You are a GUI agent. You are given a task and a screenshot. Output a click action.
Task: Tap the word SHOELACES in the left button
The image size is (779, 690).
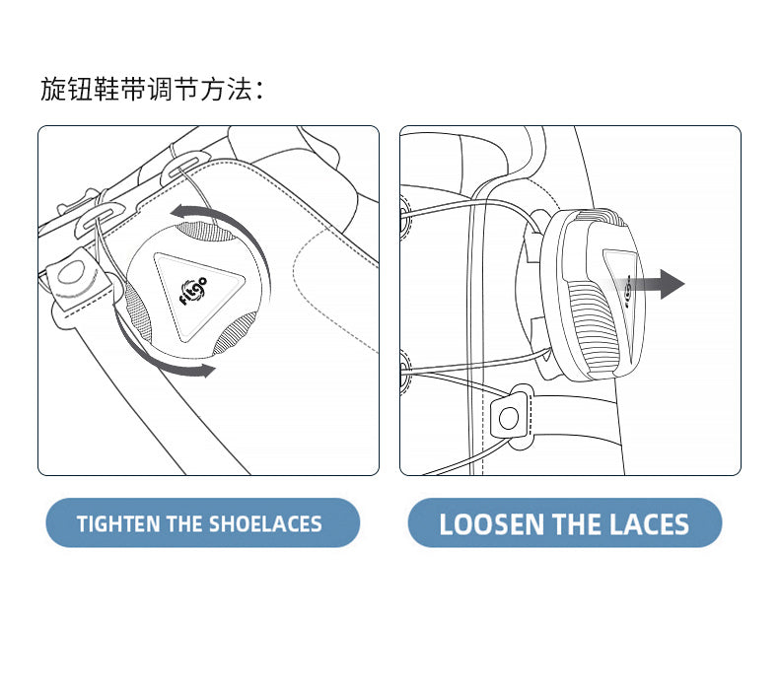coord(265,524)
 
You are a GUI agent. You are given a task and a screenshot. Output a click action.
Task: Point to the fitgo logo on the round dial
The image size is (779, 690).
coord(192,291)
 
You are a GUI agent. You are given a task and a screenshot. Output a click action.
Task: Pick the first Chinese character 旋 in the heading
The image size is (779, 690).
coord(53,90)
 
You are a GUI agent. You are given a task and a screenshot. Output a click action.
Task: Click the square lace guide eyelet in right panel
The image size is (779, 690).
coord(509,417)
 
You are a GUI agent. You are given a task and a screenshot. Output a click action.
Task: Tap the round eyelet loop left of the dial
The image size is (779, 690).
coord(73,272)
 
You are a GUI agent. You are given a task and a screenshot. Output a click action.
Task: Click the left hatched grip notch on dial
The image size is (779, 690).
coord(138,310)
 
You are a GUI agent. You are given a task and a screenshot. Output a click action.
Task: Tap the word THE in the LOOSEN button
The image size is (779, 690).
coord(577,524)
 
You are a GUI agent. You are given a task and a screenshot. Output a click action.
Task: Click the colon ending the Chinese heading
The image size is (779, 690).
coord(259,90)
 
